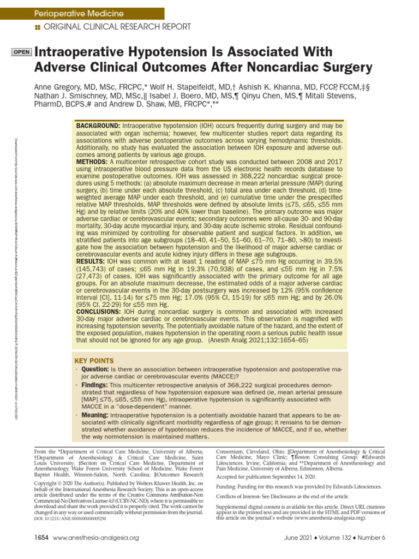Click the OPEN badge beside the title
(x=21, y=52)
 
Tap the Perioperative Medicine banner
(x=79, y=13)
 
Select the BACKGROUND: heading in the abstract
(x=98, y=126)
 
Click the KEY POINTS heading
(x=94, y=361)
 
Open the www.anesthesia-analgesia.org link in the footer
(x=96, y=538)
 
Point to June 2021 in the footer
(x=298, y=538)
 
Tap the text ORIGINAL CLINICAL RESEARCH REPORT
(x=117, y=27)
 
